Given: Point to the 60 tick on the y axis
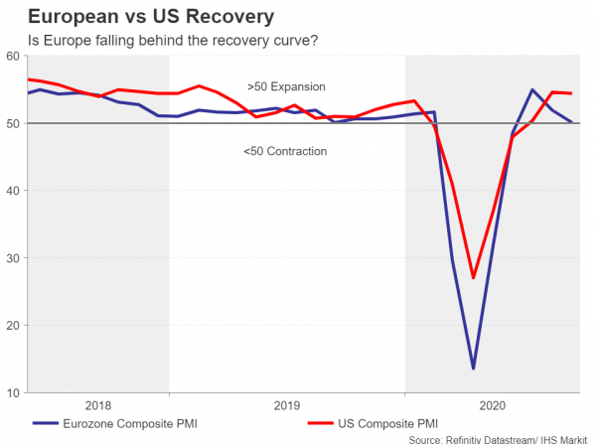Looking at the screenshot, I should click(15, 57).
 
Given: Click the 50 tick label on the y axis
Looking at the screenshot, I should click(15, 123).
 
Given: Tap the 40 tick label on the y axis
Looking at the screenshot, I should click(15, 191).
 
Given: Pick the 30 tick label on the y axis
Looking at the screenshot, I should click(15, 258).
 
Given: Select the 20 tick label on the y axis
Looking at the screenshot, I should click(15, 326).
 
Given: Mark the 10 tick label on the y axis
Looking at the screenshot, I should click(15, 393).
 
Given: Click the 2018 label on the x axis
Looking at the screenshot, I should click(98, 405).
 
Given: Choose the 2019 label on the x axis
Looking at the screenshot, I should click(286, 405).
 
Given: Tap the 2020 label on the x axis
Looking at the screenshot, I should click(493, 405).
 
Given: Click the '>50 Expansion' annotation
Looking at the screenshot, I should click(286, 87).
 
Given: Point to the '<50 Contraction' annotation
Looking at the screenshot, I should click(285, 151).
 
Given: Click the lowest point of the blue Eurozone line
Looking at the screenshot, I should click(473, 369).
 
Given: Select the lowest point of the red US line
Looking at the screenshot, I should click(474, 277).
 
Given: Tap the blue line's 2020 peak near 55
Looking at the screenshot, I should click(532, 90).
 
